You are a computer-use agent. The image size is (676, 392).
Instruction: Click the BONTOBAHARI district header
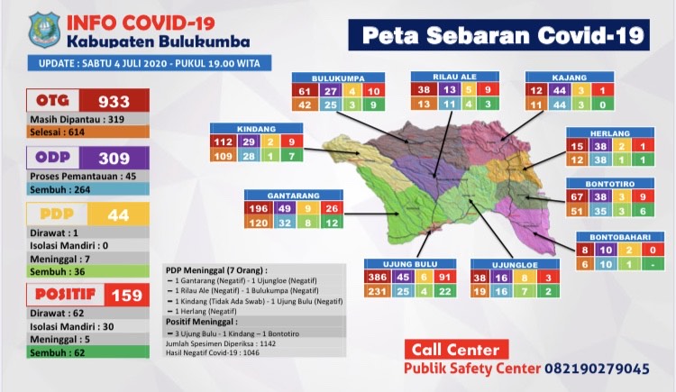618,239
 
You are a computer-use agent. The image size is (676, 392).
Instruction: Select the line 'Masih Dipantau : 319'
77,119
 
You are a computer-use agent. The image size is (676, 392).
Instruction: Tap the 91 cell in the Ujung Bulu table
443,278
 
